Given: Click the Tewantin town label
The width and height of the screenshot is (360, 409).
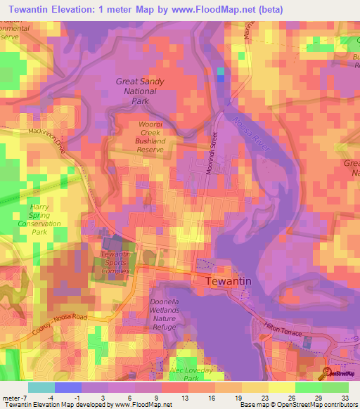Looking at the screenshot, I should click(229, 281).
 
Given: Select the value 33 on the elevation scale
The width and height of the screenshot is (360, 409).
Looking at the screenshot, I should click(344, 396).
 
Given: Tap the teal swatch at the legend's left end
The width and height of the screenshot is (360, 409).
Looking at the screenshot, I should click(41, 387).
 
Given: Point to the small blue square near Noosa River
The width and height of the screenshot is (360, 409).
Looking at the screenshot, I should click(221, 74).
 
